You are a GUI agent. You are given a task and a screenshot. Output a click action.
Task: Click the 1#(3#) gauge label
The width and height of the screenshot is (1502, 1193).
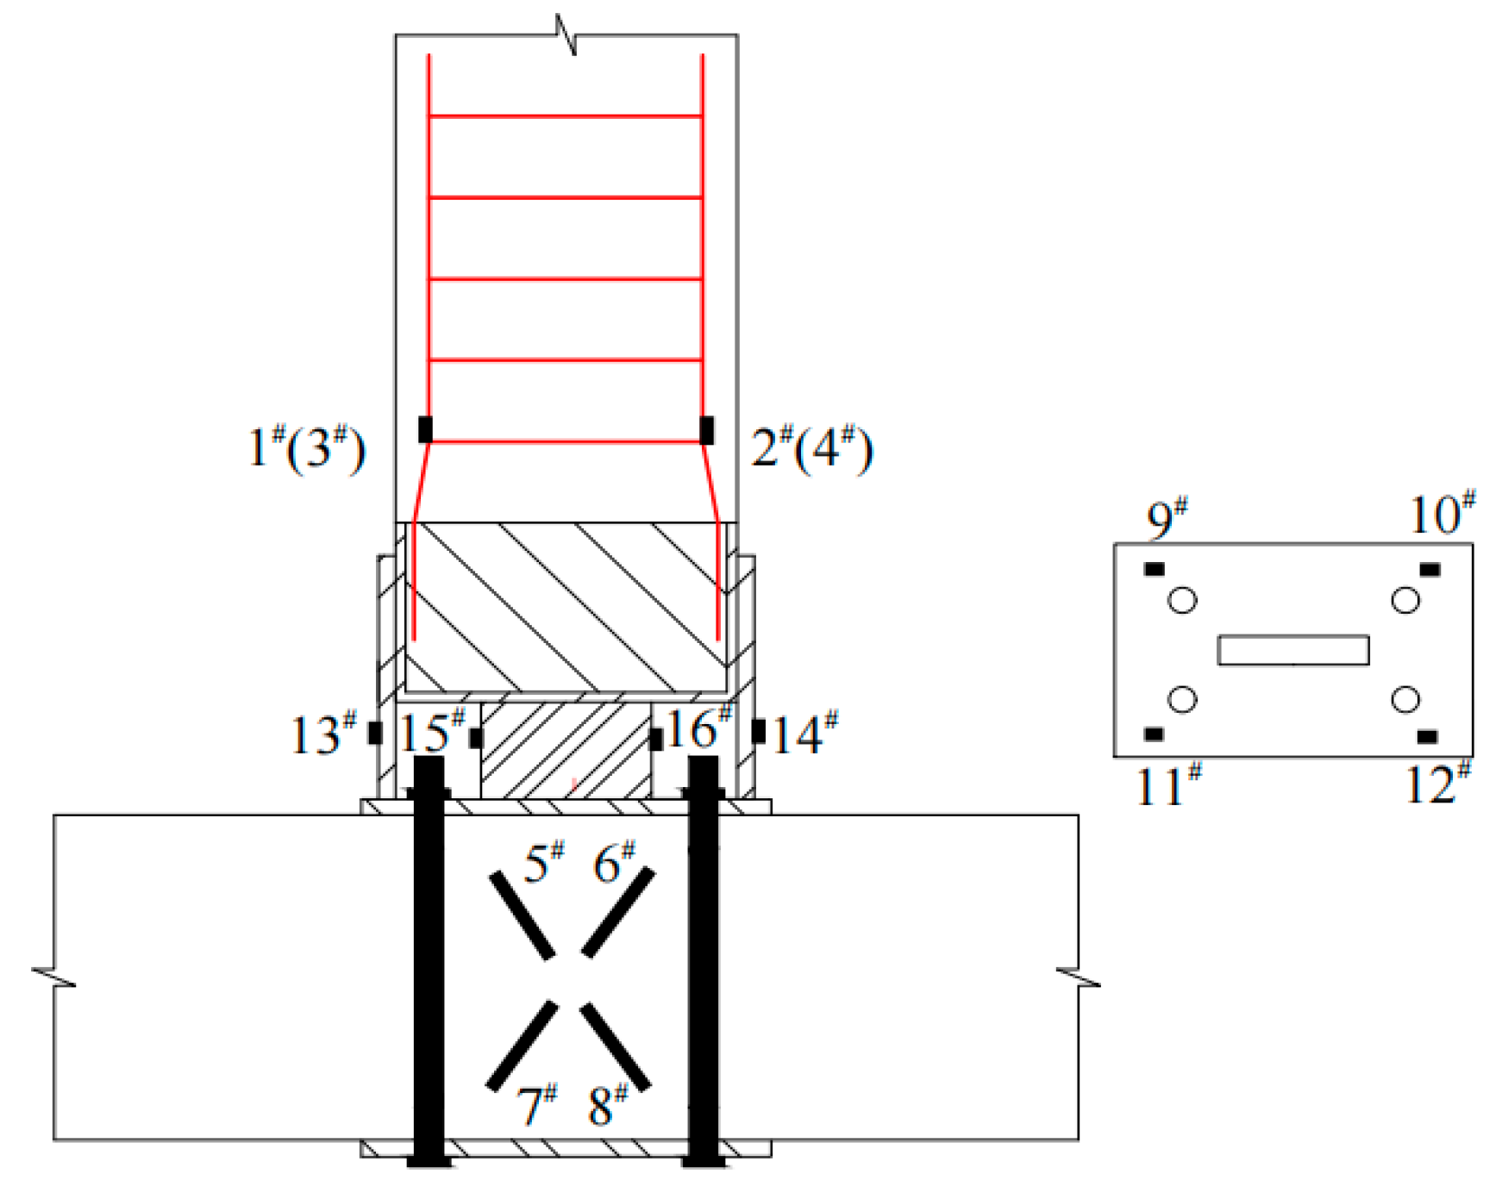307,447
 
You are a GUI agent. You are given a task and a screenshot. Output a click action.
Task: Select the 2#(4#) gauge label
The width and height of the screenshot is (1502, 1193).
812,447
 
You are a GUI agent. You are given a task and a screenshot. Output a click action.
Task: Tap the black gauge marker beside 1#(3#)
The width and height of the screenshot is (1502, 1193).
425,429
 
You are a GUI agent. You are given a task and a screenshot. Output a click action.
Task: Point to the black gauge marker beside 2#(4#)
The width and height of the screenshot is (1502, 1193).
707,429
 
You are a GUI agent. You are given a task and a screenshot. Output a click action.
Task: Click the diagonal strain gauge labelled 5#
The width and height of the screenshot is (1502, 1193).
522,915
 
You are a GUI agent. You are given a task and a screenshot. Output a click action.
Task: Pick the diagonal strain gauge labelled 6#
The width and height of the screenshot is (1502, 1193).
618,912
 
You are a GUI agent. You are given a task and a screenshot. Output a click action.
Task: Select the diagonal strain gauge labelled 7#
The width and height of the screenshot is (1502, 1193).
522,1045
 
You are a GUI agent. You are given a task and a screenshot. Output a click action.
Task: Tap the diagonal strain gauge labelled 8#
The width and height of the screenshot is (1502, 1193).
615,1046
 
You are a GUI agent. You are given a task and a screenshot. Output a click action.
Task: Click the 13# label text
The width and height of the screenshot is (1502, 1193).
323,734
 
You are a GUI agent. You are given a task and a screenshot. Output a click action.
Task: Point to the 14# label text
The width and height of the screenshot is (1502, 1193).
805,734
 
